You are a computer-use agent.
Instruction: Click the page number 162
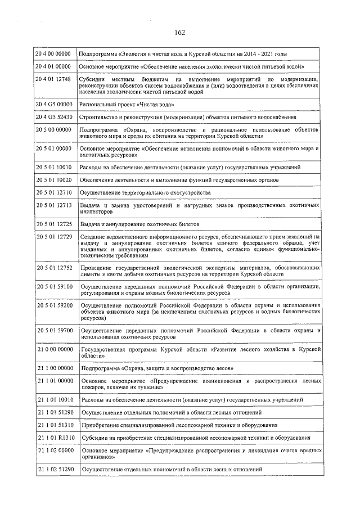coord(180,32)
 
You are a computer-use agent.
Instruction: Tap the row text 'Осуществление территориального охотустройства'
coord(146,192)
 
